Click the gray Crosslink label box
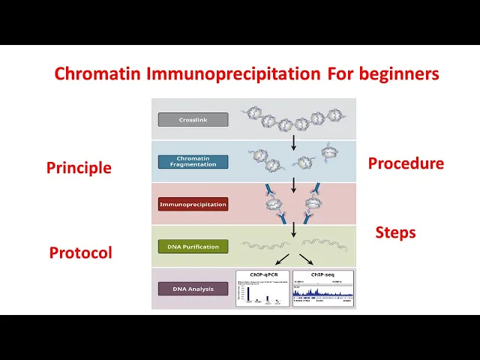pyautogui.click(x=193, y=119)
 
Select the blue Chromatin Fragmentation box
pyautogui.click(x=193, y=161)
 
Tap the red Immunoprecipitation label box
pyautogui.click(x=193, y=204)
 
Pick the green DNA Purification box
pyautogui.click(x=193, y=246)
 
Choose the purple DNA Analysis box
pyautogui.click(x=193, y=289)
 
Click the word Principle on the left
pyautogui.click(x=79, y=168)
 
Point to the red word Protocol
pyautogui.click(x=80, y=253)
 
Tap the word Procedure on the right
pyautogui.click(x=406, y=163)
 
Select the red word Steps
pyautogui.click(x=395, y=232)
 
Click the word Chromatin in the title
pyautogui.click(x=97, y=74)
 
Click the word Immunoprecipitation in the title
pyautogui.click(x=234, y=74)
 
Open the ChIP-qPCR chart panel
pyautogui.click(x=262, y=289)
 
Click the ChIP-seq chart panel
pyautogui.click(x=322, y=289)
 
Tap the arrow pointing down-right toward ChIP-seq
pyautogui.click(x=306, y=259)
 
